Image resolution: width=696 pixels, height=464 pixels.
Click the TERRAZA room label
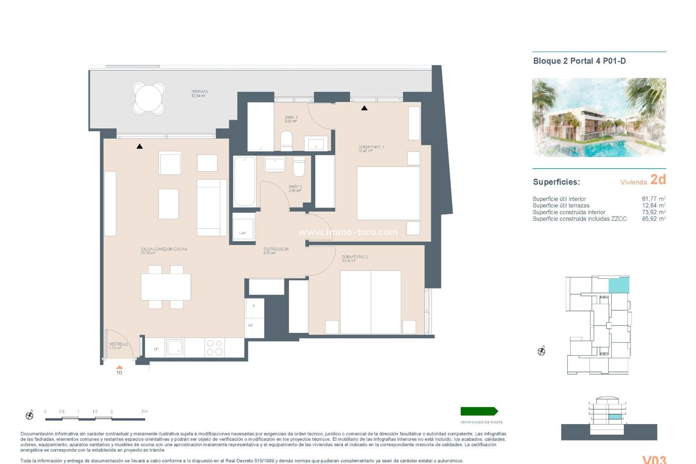pos(199,94)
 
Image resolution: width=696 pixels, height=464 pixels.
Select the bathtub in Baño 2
pos(245,181)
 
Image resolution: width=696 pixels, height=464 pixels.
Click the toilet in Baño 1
pos(286,141)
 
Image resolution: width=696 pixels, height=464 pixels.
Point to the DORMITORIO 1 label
pos(371,149)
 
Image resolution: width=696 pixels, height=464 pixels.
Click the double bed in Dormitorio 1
pos(388,193)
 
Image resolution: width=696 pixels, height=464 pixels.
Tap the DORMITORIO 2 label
pos(355,258)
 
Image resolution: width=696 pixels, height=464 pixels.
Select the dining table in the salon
pos(166,287)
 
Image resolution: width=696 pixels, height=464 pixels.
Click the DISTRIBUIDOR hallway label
pos(276,251)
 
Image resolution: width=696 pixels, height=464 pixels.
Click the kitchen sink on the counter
pos(175,348)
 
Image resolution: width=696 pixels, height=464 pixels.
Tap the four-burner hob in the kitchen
pos(215,348)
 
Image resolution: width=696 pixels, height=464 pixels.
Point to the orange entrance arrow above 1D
pos(119,367)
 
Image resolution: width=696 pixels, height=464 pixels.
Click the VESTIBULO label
pos(119,345)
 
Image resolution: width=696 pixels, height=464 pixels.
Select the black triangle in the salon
pos(140,146)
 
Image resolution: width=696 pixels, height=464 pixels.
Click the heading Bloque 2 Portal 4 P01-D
pos(579,61)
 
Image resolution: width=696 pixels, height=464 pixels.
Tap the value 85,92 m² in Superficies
pos(654,219)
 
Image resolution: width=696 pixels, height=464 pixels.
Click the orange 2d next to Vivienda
pos(658,179)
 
